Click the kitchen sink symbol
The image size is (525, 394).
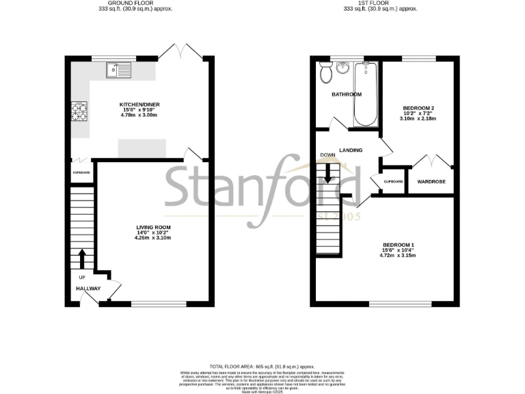pos(118,68)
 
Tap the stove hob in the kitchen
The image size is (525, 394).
pos(79,111)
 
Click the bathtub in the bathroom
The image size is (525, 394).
pos(366,94)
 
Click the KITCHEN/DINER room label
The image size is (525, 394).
pos(140,105)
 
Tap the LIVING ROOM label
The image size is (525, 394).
pos(152,227)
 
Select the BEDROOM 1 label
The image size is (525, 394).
pos(398,245)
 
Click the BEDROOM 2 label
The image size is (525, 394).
pos(418,108)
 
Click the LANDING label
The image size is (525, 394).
pos(349,150)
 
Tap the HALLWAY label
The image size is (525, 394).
pos(88,289)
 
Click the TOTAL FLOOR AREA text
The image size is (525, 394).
pos(262,367)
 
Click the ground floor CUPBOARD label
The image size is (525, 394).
pos(80,173)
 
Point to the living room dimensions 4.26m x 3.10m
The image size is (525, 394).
pos(152,238)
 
